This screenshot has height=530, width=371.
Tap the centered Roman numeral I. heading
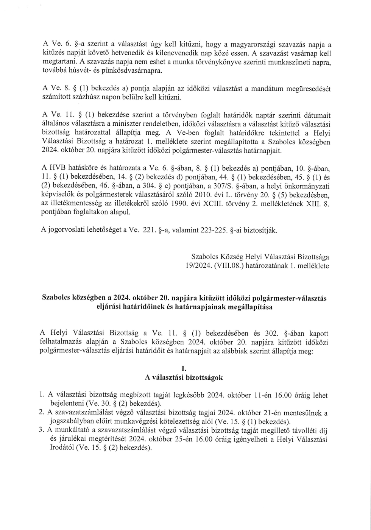tap(184, 368)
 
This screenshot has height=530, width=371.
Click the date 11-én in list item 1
tap(263, 396)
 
